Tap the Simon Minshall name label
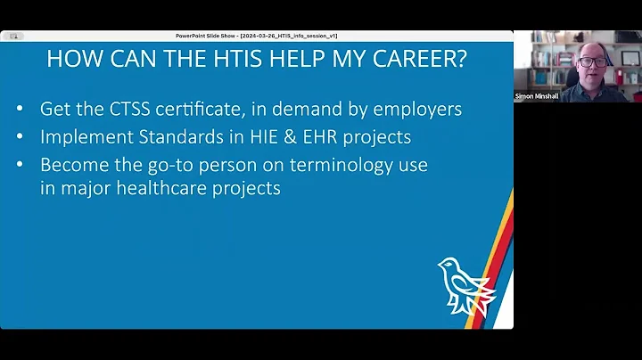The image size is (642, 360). [x=537, y=95]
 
